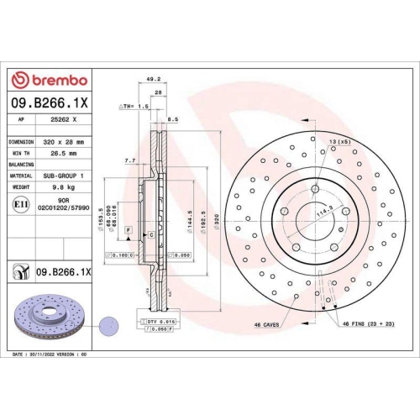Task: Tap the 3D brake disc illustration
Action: pos(48,318)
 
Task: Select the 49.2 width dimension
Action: pos(153,81)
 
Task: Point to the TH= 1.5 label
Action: pos(134,107)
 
